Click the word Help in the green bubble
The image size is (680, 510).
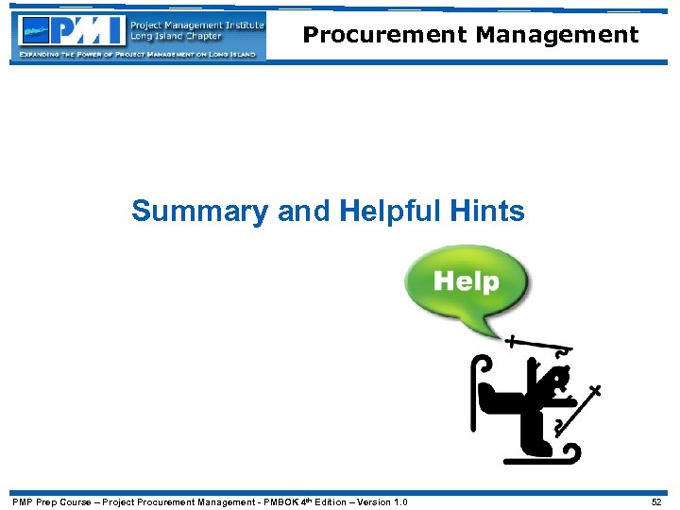466,281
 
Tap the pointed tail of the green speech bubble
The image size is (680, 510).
492,332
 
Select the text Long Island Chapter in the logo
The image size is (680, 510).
176,36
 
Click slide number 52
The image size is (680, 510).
656,501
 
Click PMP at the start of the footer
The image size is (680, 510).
22,501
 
